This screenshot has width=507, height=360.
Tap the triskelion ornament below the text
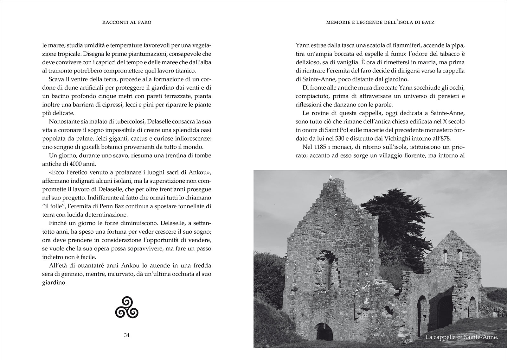click(x=126, y=307)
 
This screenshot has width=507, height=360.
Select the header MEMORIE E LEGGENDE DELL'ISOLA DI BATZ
click(x=380, y=22)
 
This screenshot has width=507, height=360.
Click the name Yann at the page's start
click(x=302, y=45)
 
